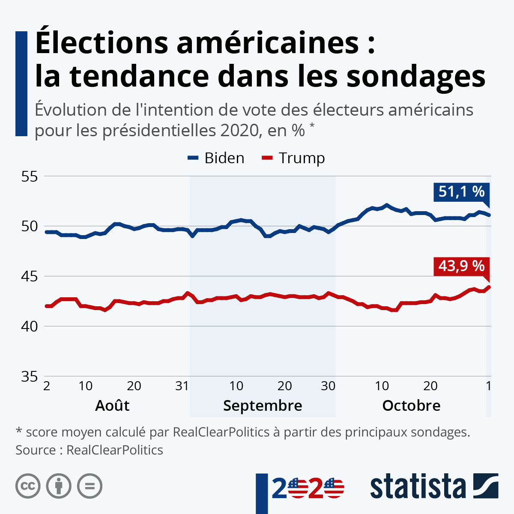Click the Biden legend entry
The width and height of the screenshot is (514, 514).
[216, 158]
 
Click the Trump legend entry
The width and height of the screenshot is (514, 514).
[293, 158]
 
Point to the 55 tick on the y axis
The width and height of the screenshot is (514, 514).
[30, 176]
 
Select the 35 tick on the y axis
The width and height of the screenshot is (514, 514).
[30, 377]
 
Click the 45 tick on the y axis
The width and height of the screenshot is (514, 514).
[30, 276]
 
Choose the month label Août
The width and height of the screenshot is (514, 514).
[112, 405]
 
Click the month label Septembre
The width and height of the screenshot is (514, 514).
[263, 405]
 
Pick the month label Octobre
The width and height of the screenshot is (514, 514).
[411, 405]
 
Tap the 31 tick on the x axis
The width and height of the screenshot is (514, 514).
[182, 386]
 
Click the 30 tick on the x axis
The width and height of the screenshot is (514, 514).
[328, 386]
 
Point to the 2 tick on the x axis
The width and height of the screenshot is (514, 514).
[47, 386]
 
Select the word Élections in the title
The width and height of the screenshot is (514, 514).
[102, 43]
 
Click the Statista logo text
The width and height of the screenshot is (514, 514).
[418, 487]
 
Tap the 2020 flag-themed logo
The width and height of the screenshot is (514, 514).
[308, 488]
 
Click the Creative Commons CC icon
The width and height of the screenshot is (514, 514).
[28, 486]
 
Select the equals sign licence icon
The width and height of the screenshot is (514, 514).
[90, 486]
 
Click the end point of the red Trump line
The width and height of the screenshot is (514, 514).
[489, 287]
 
